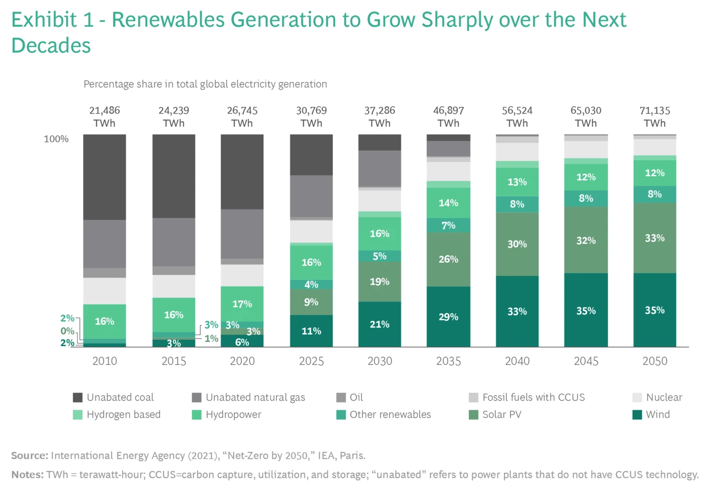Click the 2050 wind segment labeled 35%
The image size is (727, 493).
point(654,310)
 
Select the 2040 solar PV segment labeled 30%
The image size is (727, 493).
point(517,244)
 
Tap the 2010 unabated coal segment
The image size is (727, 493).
point(105,177)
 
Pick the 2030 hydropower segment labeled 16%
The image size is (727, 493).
point(380,233)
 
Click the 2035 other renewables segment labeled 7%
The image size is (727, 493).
point(448,225)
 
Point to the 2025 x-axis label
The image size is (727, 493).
point(311,361)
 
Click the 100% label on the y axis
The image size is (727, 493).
point(56,139)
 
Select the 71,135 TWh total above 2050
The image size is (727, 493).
point(654,117)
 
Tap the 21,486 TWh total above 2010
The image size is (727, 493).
point(105,117)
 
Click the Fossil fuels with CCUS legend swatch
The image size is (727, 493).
point(474,398)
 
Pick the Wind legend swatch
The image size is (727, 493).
point(637,415)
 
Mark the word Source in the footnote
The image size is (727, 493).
point(29,456)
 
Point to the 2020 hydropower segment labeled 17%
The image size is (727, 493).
point(242,304)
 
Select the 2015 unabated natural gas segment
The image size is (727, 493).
point(174,242)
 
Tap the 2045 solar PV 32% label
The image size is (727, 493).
point(586,240)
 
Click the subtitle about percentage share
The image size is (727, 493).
point(205,84)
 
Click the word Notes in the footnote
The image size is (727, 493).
point(27,475)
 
